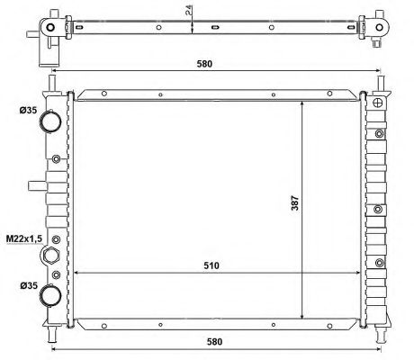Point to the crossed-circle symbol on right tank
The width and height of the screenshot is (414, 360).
(378, 103)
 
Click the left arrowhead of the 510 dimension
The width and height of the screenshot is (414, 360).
(76, 273)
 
